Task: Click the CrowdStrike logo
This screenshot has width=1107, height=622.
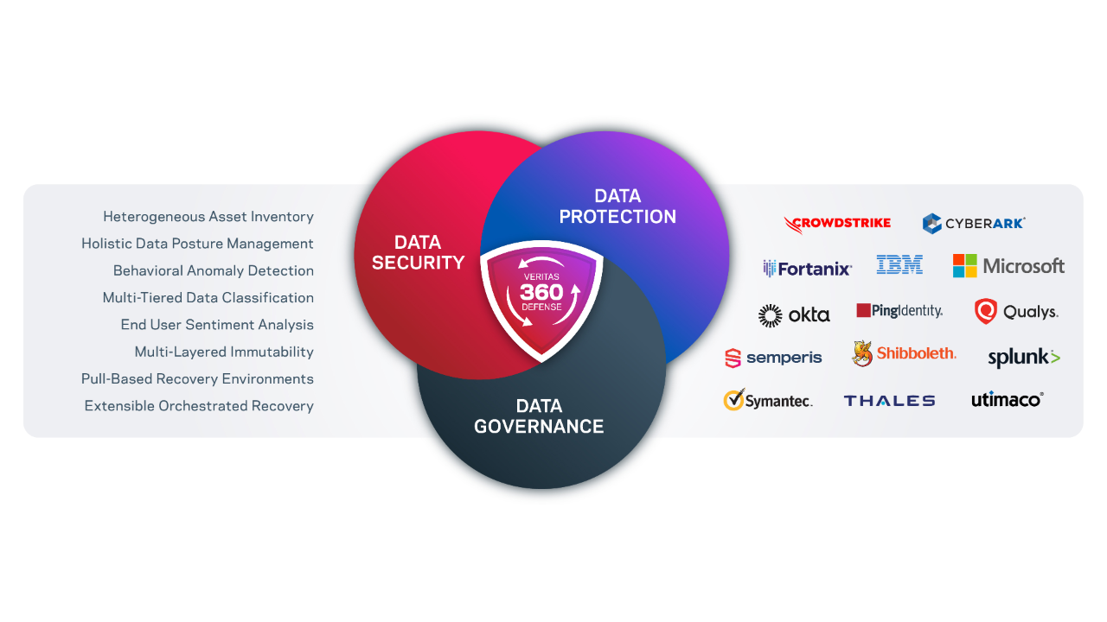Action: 837,224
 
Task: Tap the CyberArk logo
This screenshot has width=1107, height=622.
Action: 974,223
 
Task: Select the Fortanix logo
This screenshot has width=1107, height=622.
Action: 807,269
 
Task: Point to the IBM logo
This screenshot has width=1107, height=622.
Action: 899,264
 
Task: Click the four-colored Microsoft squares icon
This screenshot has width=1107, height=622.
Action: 964,266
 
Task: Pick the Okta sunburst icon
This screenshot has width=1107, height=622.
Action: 770,316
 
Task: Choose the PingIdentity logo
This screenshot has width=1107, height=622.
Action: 899,310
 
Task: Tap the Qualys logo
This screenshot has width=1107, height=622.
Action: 1016,311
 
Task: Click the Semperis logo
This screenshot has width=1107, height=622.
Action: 773,358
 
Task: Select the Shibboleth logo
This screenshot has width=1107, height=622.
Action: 904,353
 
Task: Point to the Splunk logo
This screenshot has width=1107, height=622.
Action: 1024,357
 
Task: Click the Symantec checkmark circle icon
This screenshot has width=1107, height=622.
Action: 734,400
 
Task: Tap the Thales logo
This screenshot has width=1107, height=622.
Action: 889,401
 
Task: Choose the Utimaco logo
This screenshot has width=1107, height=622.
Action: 1008,399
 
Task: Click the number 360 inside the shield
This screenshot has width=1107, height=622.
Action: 541,292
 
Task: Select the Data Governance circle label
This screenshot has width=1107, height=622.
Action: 539,416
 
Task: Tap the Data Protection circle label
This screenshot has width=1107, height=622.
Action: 617,206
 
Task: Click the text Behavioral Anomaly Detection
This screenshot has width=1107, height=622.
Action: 213,270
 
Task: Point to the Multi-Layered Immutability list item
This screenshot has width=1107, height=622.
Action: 224,352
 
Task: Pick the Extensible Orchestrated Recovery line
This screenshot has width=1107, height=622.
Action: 199,406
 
